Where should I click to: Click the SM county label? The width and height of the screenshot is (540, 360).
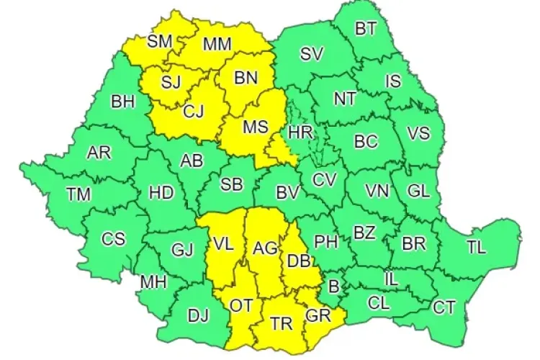click(x=159, y=41)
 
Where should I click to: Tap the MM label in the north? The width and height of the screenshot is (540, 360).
click(x=217, y=45)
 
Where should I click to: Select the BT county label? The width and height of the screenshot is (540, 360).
click(x=366, y=30)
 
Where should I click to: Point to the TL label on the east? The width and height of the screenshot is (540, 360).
click(x=476, y=248)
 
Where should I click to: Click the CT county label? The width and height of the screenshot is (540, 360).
click(x=444, y=307)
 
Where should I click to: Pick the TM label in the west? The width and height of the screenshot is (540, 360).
click(x=78, y=194)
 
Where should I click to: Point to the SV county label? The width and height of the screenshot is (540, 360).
click(x=312, y=53)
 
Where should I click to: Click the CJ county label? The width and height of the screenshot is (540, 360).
click(x=194, y=112)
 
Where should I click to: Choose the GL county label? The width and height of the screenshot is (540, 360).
click(x=418, y=191)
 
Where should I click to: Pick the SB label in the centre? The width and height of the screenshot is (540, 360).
click(x=231, y=184)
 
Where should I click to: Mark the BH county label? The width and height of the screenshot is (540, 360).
click(x=122, y=102)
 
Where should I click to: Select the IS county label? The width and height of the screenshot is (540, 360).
click(x=393, y=81)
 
